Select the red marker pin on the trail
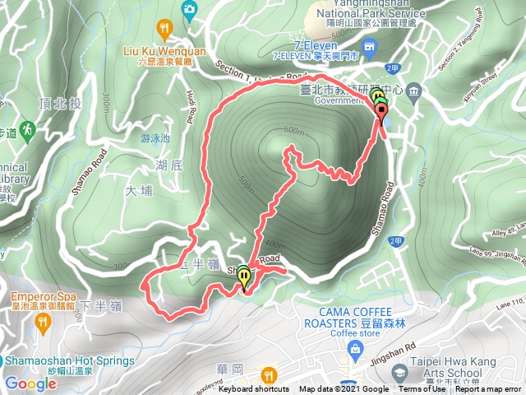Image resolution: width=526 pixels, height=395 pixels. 381,114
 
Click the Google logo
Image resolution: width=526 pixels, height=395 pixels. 30,383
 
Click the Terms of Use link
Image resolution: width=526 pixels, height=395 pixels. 422,389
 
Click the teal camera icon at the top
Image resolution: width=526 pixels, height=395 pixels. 190,9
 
